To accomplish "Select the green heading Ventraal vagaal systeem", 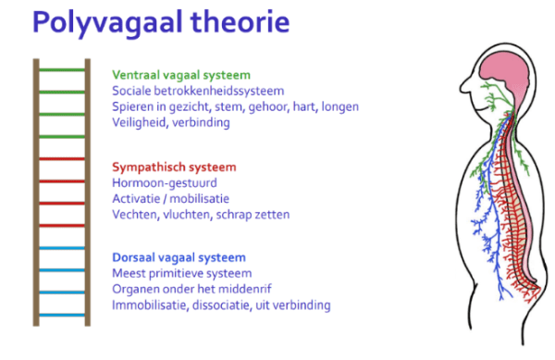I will point(180,75).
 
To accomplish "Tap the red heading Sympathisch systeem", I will point(173,168).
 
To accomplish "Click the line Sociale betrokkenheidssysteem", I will point(197,91).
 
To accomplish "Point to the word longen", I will point(339,107).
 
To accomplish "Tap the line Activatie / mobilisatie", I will point(170,199).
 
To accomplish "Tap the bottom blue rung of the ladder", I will point(61,315).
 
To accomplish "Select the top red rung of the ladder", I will point(61,158).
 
